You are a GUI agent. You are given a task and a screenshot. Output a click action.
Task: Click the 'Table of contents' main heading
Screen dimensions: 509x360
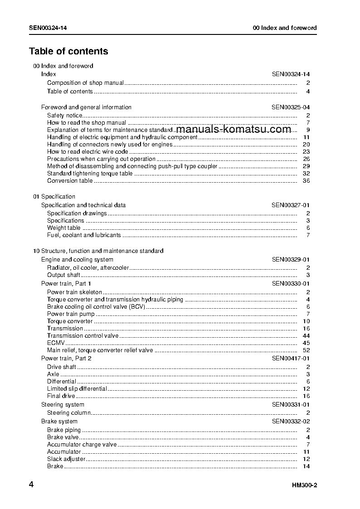(68, 51)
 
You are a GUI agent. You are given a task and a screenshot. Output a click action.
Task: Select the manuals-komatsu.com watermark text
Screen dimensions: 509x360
(234, 129)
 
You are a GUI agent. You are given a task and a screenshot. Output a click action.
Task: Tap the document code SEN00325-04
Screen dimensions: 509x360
(291, 107)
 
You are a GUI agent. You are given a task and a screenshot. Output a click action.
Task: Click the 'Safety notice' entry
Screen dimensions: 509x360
(65, 116)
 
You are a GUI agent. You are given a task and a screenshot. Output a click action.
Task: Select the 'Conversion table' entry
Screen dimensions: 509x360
(70, 181)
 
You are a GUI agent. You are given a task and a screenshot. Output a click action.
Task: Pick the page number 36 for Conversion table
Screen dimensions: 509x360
(306, 181)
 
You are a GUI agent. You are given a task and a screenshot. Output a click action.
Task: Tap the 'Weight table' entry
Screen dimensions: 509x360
(63, 228)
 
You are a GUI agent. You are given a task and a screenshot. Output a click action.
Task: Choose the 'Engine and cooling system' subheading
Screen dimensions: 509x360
(77, 260)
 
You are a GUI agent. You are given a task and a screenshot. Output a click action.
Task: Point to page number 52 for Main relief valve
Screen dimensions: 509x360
(306, 350)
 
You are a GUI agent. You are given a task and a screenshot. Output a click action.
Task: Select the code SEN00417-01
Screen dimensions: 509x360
(291, 359)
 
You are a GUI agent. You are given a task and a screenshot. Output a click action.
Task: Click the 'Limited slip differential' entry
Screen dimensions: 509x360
(77, 389)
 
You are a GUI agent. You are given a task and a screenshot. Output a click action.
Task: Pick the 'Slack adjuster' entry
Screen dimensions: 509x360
(66, 459)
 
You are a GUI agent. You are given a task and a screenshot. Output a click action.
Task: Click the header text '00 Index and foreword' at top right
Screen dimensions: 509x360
(285, 28)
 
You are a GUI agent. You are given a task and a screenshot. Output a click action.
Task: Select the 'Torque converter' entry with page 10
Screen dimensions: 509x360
(70, 321)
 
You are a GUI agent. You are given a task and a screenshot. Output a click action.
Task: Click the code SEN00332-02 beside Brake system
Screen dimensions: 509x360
(291, 422)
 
